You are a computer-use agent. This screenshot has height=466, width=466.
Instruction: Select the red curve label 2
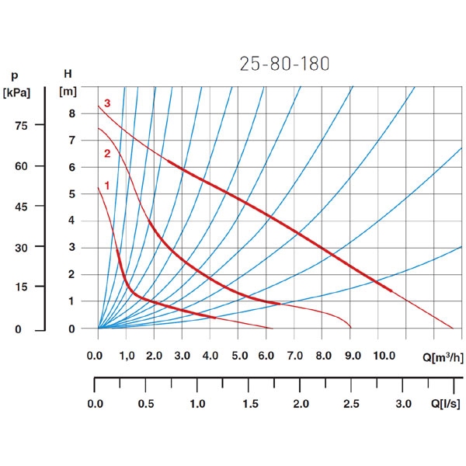pyautogui.click(x=107, y=153)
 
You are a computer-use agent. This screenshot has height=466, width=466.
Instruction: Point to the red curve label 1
pyautogui.click(x=107, y=186)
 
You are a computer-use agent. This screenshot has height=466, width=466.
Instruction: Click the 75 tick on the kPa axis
pyautogui.click(x=21, y=126)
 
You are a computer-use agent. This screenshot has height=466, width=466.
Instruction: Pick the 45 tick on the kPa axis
pyautogui.click(x=21, y=207)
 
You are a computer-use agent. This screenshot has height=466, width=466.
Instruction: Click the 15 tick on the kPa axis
pyautogui.click(x=21, y=287)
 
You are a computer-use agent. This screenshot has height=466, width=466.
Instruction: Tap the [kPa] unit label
pyautogui.click(x=17, y=93)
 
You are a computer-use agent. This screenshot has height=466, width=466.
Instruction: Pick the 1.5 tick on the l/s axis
pyautogui.click(x=249, y=405)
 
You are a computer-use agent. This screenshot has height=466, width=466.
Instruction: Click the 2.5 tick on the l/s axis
pyautogui.click(x=352, y=405)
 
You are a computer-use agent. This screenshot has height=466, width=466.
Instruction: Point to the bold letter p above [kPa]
pyautogui.click(x=14, y=76)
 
